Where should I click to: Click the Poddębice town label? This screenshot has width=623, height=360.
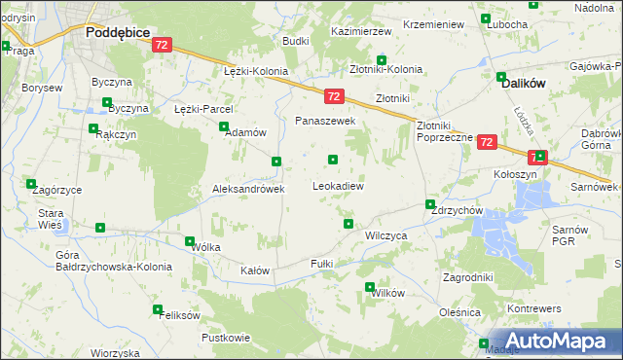point(117,32)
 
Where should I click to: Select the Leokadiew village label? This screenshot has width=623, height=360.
point(338,185)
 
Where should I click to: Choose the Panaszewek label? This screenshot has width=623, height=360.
point(326,121)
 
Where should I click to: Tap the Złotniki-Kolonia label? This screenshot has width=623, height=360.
point(385,69)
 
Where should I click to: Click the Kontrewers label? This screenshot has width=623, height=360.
point(534,307)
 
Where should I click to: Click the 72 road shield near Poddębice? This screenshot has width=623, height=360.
point(162,45)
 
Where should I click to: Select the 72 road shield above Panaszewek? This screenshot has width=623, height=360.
point(333,95)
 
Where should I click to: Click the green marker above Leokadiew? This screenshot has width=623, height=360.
point(334,160)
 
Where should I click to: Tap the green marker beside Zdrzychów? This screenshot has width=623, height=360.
point(430,204)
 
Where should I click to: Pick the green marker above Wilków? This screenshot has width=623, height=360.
point(370,286)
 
